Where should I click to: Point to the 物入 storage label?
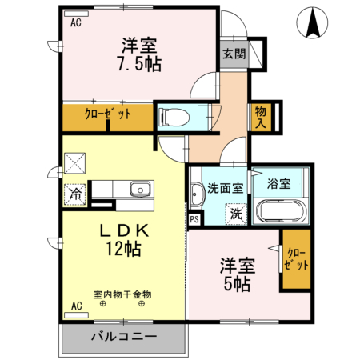261,116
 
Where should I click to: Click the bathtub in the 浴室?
279,213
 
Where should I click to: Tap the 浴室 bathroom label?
279,184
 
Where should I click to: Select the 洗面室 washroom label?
223,190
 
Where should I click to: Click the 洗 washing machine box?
236,214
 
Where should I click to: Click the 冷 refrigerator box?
75,193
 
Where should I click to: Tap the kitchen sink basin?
141,190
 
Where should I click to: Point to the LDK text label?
124,230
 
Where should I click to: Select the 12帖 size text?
124,249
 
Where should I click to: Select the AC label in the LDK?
77,306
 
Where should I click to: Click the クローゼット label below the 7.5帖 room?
108,114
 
